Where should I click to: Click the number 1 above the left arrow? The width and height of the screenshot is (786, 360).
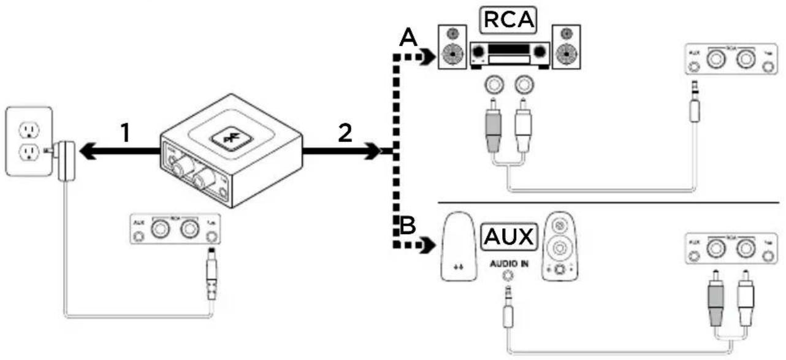[126, 133]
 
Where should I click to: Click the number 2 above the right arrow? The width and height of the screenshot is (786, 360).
[346, 133]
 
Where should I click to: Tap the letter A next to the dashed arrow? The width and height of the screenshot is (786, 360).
[407, 39]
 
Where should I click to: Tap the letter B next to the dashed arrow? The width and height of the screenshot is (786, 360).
[407, 226]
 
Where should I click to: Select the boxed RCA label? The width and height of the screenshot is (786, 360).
[507, 20]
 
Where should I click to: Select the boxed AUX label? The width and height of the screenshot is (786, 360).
[508, 237]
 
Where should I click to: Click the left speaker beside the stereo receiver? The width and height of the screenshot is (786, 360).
[452, 48]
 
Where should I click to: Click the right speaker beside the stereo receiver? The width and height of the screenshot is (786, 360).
[566, 48]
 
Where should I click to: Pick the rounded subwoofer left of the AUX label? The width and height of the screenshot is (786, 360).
[458, 247]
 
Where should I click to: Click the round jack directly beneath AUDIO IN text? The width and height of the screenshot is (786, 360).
[507, 276]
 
